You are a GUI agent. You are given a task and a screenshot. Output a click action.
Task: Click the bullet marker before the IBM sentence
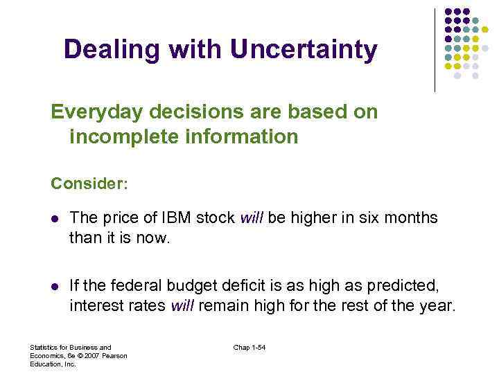click(x=55, y=219)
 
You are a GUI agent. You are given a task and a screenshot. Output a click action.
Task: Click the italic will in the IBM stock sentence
click(x=252, y=218)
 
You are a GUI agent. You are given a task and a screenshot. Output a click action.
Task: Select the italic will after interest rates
click(x=183, y=305)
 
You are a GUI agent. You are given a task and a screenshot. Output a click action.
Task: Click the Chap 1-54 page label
click(x=249, y=347)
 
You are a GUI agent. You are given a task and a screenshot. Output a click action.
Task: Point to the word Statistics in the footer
click(x=45, y=347)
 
